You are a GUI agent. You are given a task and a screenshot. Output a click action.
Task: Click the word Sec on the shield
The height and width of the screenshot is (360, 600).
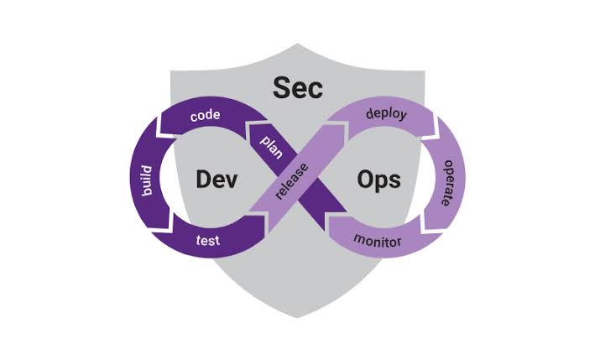point(298,87)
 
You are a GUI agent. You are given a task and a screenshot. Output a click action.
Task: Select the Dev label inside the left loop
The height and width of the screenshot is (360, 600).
point(217,179)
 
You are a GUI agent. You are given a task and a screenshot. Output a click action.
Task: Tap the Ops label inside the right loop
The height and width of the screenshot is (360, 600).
point(378,179)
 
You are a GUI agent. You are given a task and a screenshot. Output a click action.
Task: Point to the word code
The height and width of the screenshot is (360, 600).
point(205,115)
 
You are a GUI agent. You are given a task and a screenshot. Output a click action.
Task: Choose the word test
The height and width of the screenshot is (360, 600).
point(207,241)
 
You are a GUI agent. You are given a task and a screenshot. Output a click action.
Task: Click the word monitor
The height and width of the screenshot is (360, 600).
point(378,242)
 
